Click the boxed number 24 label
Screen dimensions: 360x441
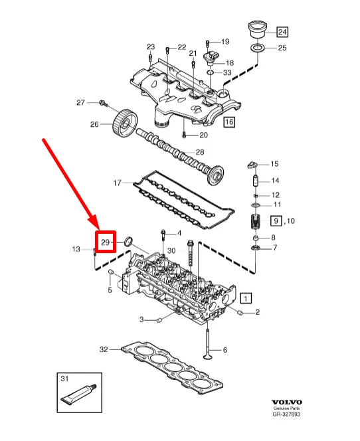pyautogui.click(x=282, y=32)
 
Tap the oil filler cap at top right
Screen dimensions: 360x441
pyautogui.click(x=257, y=29)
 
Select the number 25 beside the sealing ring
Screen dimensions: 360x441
pyautogui.click(x=282, y=48)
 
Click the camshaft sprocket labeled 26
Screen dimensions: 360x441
pyautogui.click(x=125, y=123)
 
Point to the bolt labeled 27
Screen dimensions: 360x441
pyautogui.click(x=104, y=103)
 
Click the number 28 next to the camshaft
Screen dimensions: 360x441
pyautogui.click(x=200, y=152)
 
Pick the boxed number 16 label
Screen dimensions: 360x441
pyautogui.click(x=229, y=122)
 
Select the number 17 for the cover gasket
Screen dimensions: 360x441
pyautogui.click(x=117, y=183)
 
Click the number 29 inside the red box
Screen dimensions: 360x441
pyautogui.click(x=105, y=242)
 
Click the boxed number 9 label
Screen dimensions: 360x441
pyautogui.click(x=276, y=220)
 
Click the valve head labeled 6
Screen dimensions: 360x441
pyautogui.click(x=209, y=357)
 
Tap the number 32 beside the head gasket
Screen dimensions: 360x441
pyautogui.click(x=104, y=349)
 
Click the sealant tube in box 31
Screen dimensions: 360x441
pyautogui.click(x=79, y=393)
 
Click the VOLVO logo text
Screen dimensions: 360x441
pyautogui.click(x=286, y=402)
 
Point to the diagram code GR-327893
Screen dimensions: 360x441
pyautogui.click(x=286, y=414)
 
